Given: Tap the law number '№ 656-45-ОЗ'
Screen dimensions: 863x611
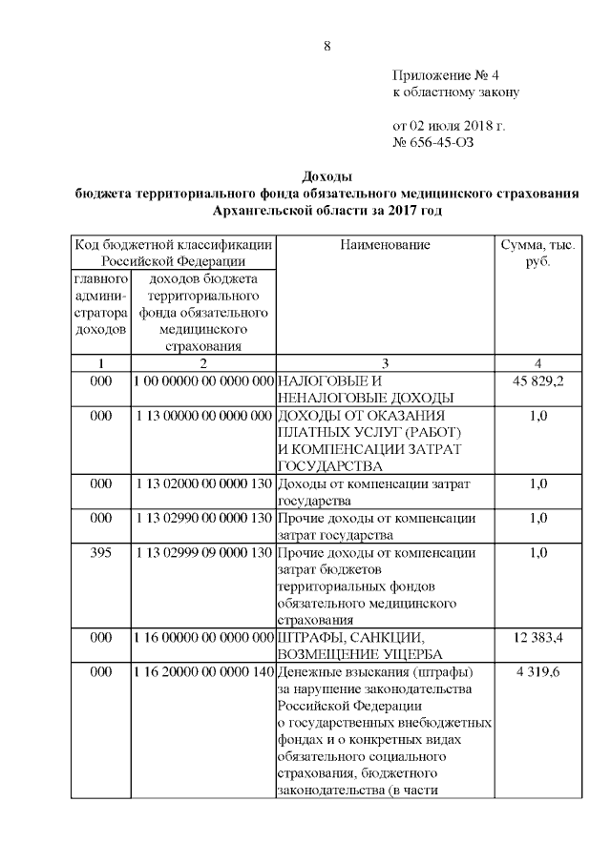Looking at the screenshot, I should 432,143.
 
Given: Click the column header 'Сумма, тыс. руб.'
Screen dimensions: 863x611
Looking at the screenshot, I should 537,253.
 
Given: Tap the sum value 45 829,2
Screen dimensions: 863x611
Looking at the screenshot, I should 537,381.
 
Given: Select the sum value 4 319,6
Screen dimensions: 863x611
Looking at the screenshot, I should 537,672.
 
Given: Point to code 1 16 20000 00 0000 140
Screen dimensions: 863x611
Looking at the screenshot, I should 204,672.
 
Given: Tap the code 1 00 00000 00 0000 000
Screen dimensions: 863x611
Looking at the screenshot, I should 204,381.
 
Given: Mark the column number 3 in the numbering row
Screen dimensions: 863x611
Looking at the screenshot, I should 385,363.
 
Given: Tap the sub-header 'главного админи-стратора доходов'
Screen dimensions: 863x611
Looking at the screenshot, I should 101,304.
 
